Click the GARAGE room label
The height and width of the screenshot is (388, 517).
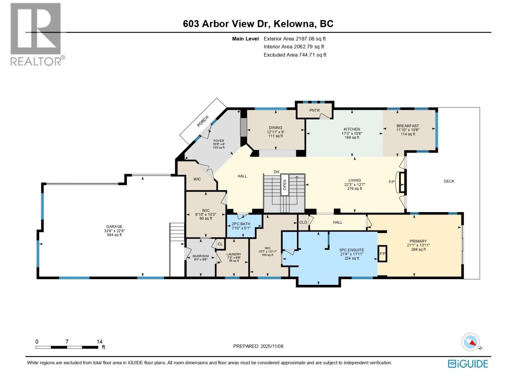114,227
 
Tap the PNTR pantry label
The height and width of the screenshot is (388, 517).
314,110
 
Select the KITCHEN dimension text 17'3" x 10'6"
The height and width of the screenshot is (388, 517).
352,133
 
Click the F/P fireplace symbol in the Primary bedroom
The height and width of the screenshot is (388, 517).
383,253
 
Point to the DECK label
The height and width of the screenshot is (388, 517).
449,181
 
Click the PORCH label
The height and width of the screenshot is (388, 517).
203,121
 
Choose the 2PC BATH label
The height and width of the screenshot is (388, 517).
241,224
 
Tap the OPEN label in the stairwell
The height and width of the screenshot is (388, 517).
285,185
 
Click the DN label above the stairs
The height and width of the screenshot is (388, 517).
276,172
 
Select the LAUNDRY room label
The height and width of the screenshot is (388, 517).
234,254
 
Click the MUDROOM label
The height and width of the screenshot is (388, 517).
201,256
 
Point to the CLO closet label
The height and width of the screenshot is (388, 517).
303,222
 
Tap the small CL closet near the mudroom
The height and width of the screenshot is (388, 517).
220,244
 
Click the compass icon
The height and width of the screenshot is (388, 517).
471,342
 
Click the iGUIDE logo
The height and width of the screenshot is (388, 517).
468,364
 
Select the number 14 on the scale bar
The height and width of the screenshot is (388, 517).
100,341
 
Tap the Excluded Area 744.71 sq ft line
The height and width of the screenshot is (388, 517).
295,55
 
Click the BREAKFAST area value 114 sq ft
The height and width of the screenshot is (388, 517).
408,134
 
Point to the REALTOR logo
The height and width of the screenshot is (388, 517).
36,34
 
